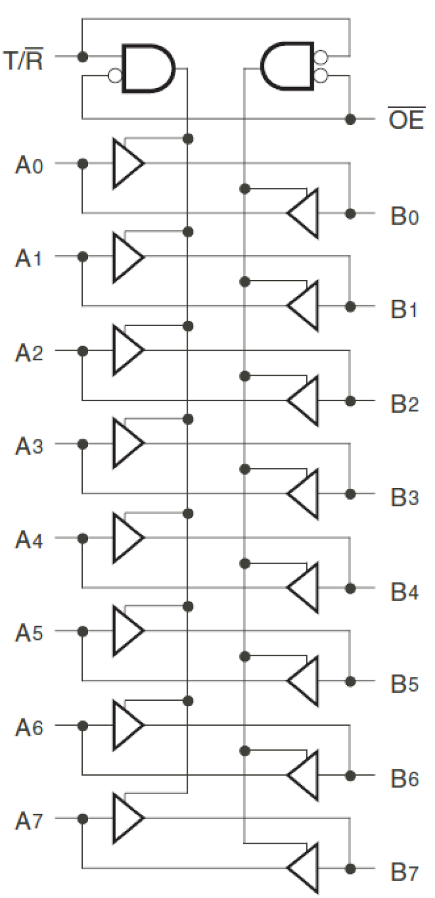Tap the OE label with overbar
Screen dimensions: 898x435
[x=405, y=121]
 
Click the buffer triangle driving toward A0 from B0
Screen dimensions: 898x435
[x=303, y=213]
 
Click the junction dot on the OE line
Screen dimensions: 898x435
[x=350, y=119]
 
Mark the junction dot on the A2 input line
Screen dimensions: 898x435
[x=83, y=351]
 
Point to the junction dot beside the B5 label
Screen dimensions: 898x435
[x=350, y=681]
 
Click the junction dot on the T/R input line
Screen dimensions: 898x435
[x=83, y=57]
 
